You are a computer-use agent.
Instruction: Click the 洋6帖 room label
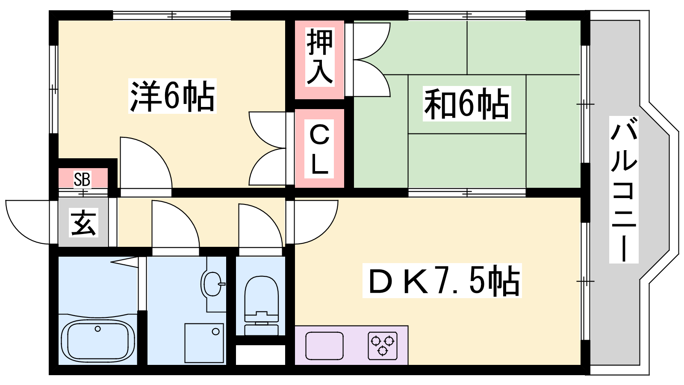coord(173,96)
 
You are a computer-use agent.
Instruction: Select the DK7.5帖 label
coord(442,281)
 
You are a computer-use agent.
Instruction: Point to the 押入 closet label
coord(320,57)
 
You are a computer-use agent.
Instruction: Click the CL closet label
coord(319,149)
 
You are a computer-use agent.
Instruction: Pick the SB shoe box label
coord(82,179)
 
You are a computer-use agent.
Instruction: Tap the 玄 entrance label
coord(83,222)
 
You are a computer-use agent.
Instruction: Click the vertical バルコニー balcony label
coord(624,190)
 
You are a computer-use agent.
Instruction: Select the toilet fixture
coord(261,305)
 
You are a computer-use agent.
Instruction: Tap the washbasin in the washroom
coord(212,284)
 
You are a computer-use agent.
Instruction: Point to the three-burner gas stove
coord(383,345)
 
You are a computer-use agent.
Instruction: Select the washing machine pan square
coord(204,343)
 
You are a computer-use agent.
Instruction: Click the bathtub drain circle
coord(98,329)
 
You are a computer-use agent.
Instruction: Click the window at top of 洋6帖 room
coord(172,15)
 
